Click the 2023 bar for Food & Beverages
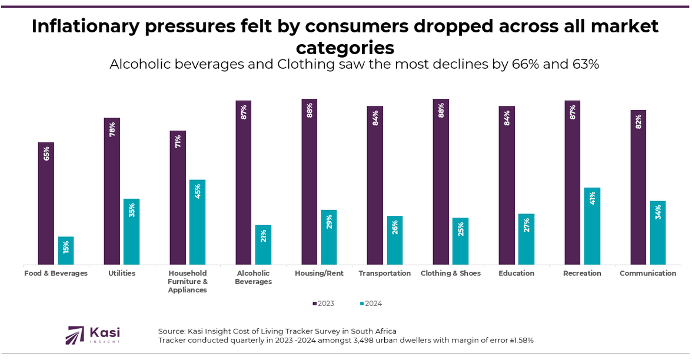46,203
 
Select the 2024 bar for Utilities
131,232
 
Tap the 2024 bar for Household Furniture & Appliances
197,222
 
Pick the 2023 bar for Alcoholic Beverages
243,182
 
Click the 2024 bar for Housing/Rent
329,237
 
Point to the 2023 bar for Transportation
375,185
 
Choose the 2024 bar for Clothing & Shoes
460,241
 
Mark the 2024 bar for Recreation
592,226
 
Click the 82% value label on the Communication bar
638,122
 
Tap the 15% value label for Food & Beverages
66,247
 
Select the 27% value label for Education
526,225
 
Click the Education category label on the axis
516,274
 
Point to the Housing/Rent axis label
319,274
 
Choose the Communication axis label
648,274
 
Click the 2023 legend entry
323,304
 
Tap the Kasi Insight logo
94,335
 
